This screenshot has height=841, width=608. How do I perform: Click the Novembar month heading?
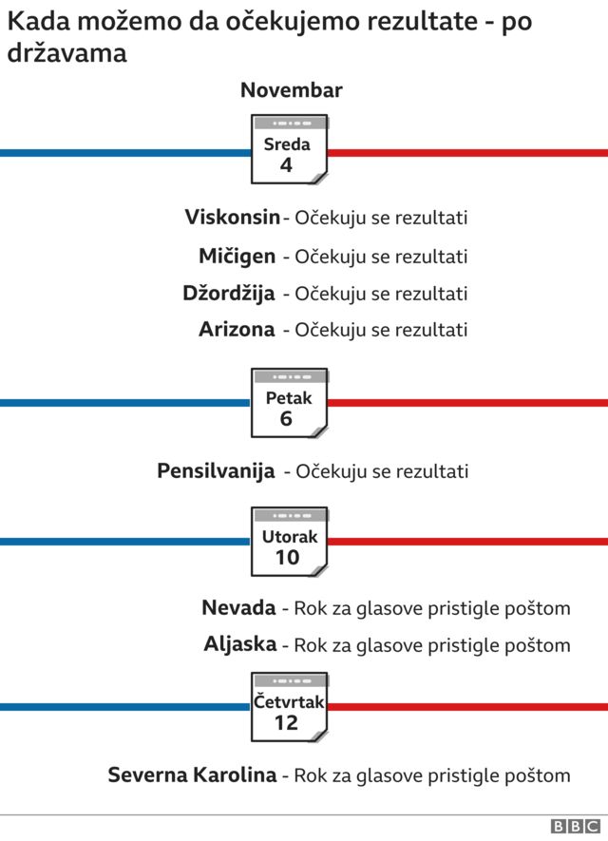click(291, 91)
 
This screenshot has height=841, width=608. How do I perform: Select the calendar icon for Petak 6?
click(289, 403)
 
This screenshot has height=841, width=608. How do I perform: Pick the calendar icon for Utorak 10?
click(289, 543)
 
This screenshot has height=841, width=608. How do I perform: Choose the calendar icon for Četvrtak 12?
click(289, 707)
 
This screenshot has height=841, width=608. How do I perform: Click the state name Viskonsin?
click(233, 218)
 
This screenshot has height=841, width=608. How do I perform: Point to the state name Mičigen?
click(237, 256)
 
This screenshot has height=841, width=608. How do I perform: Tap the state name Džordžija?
click(229, 293)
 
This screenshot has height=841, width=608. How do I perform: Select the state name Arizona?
click(237, 330)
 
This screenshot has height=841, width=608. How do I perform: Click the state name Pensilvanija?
click(216, 470)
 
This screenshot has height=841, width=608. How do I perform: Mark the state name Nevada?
click(238, 607)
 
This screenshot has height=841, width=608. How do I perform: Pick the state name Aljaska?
click(240, 644)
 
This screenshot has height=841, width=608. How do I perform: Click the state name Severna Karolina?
click(192, 774)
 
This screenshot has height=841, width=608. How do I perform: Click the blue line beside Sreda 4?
click(123, 152)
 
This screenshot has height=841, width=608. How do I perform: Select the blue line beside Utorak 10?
click(123, 543)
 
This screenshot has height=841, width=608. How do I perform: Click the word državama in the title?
click(66, 53)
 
